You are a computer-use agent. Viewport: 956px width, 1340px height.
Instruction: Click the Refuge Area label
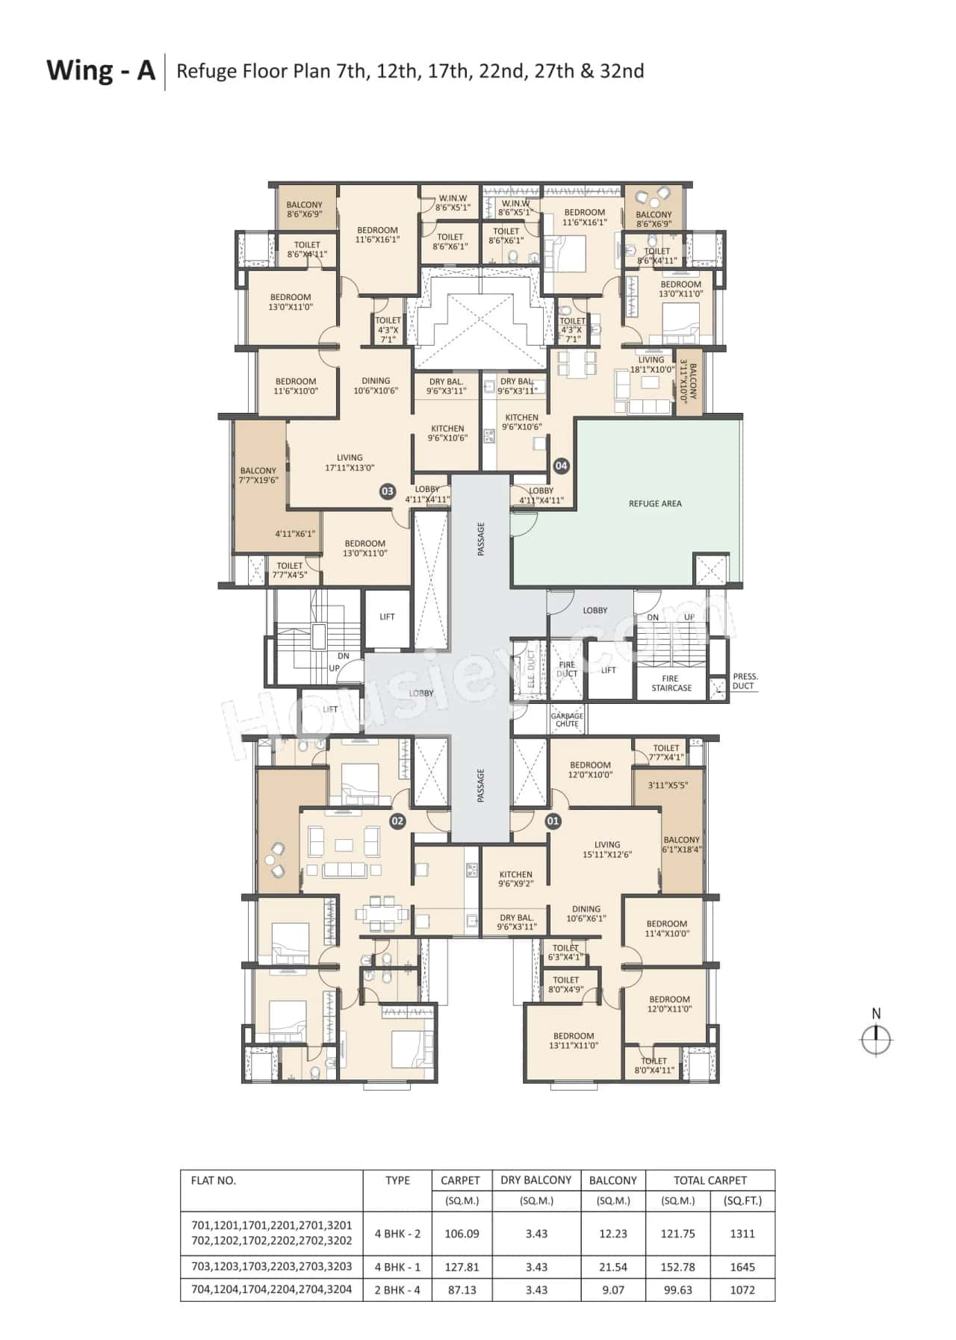[655, 503]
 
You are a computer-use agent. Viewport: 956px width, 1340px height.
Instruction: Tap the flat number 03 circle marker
[387, 491]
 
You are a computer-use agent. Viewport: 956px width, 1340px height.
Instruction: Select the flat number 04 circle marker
[561, 466]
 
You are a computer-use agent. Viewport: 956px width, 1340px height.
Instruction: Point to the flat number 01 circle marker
[553, 821]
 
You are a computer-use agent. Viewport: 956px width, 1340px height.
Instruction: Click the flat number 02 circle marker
[397, 821]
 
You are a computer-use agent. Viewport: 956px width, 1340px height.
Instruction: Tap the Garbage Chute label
[567, 720]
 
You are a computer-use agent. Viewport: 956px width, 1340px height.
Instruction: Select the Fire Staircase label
[671, 683]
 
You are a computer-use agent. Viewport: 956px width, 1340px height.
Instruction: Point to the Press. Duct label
[745, 681]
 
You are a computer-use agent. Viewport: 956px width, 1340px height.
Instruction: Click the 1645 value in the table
[742, 1267]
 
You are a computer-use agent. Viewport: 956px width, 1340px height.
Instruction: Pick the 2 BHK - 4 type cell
[397, 1289]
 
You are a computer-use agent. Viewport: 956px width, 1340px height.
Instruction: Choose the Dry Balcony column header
[536, 1180]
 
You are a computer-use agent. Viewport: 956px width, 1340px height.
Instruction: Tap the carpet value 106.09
[462, 1233]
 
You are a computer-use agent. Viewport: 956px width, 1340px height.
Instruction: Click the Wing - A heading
[101, 70]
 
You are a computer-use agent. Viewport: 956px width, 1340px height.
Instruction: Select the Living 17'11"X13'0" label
[350, 463]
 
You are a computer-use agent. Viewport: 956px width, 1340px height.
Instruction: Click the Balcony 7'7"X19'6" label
[258, 476]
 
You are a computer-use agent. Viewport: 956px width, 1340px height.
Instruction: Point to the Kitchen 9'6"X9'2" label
[515, 879]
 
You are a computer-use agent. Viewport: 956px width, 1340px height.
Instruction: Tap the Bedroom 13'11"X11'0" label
[574, 1041]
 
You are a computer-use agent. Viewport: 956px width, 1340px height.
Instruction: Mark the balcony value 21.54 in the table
[612, 1267]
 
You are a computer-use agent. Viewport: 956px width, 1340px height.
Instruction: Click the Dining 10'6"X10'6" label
[376, 385]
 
